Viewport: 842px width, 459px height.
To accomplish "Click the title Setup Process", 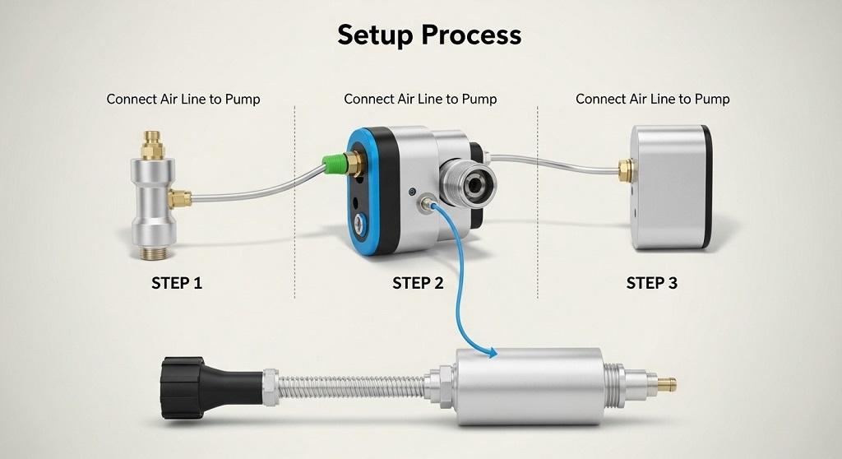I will point(429,35).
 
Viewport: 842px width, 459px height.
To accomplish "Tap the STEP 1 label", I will point(177,284).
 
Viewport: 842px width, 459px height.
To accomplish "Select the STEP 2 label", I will point(418,284).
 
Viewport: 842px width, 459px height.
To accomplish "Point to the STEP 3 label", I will point(652,284).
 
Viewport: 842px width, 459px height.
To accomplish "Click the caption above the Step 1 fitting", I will point(183,100).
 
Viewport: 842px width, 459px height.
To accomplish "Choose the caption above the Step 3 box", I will point(652,100).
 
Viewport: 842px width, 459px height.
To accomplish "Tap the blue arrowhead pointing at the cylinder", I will point(493,354).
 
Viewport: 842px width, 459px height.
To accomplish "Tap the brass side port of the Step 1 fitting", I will point(180,197).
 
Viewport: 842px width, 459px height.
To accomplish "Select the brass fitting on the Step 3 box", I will point(625,170).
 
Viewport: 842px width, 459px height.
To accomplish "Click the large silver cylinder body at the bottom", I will point(526,382).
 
